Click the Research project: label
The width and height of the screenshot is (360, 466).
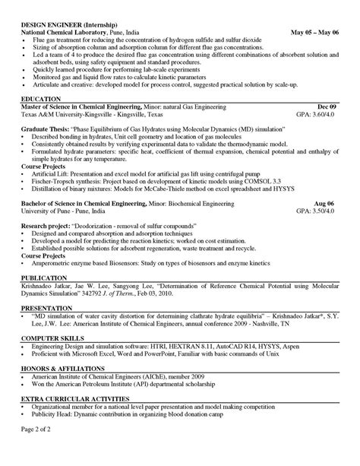(47, 226)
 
